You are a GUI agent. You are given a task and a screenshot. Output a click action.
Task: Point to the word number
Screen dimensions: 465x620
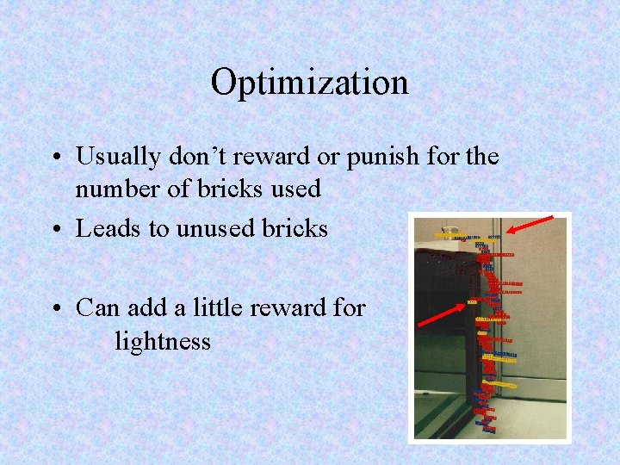[x=112, y=189]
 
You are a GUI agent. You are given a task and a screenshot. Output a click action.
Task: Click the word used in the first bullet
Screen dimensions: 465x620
[x=293, y=189]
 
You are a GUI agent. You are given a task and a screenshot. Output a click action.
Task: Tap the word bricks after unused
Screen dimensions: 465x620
[x=297, y=228]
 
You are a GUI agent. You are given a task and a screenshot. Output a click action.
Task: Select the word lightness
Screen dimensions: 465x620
[x=163, y=342]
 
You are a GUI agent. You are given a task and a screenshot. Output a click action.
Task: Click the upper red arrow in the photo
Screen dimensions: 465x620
[x=530, y=225]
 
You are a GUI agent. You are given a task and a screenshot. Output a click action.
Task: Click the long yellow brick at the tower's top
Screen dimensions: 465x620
[x=450, y=235]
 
